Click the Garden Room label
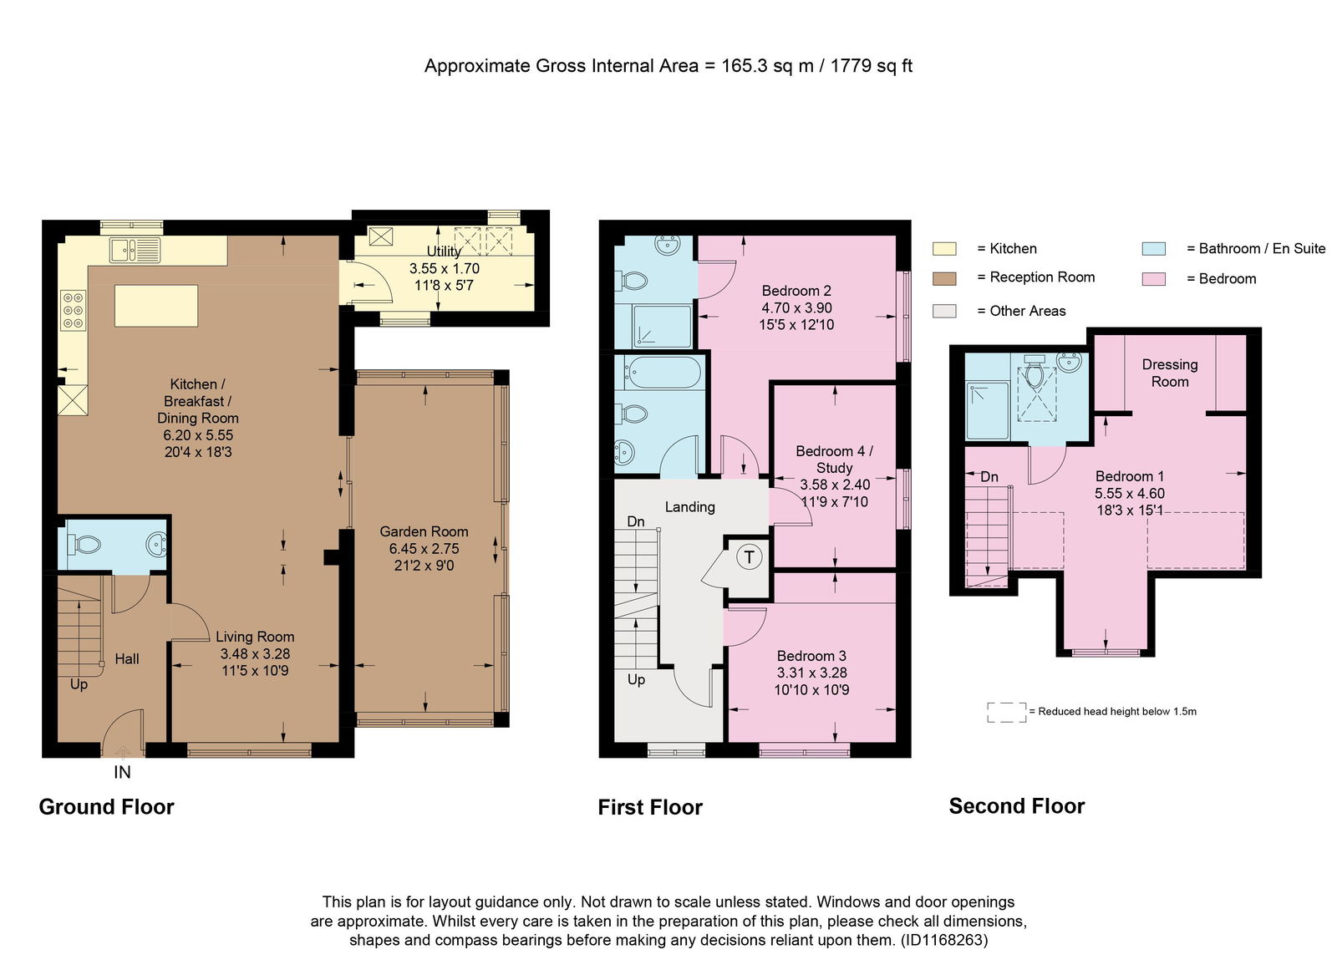point(424,531)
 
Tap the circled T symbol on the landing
point(749,557)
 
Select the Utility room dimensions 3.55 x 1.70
point(444,268)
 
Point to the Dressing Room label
point(1170,373)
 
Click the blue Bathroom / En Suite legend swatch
point(1154,249)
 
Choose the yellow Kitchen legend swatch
point(944,249)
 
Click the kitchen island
point(155,306)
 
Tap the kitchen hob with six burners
point(74,310)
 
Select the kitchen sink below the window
point(135,250)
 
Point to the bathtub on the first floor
point(661,372)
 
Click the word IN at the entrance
point(122,772)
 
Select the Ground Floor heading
point(106,806)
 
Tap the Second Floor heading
point(1016,805)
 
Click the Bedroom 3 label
point(811,656)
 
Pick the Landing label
point(690,506)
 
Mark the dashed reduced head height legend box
point(1006,712)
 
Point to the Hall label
point(126,659)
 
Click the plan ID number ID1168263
point(943,940)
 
